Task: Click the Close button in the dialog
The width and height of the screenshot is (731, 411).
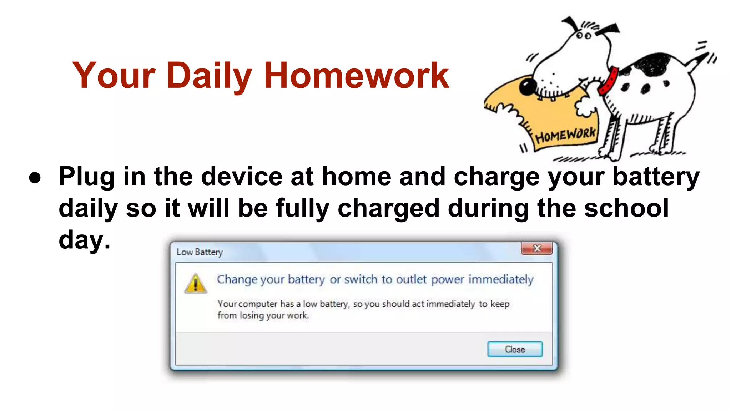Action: coord(515,349)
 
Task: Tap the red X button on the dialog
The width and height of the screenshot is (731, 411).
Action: coord(537,248)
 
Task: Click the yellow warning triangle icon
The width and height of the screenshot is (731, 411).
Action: coord(196,284)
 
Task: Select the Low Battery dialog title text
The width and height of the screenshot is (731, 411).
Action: coord(200,252)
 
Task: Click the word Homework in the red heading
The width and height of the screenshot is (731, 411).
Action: coord(356,75)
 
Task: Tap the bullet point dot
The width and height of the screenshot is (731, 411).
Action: coord(35,178)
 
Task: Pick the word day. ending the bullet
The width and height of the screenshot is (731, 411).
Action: coord(85,240)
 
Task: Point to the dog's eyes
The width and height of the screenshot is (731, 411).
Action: coord(584,36)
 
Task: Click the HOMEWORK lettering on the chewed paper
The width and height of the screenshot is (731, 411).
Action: coord(565,135)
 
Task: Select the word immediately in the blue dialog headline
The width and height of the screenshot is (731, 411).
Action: coord(501,279)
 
